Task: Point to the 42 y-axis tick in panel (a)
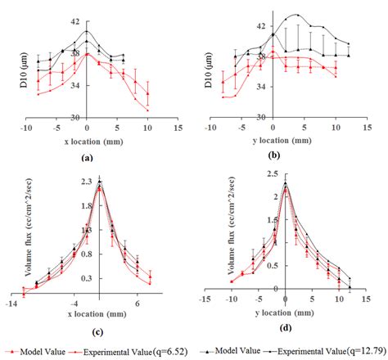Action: coord(75,22)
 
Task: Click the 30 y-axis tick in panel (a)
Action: coord(75,117)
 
